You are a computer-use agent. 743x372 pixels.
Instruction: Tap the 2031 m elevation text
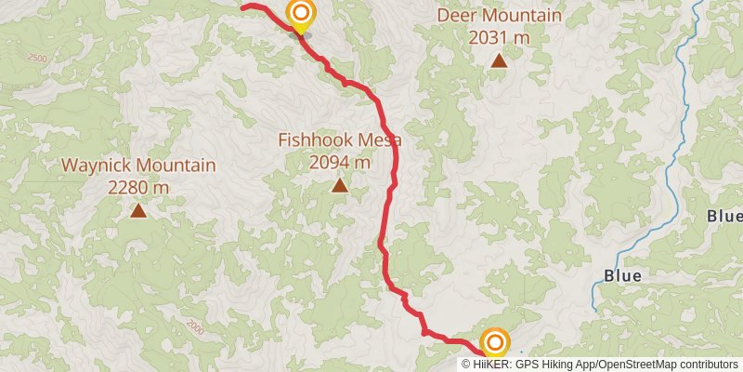[499, 37]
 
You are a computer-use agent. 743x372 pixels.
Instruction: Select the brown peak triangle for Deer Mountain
[499, 61]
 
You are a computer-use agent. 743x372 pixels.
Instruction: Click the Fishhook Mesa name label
[340, 140]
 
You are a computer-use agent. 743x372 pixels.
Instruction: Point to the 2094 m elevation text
[340, 163]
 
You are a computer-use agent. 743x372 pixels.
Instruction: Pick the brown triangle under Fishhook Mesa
[340, 186]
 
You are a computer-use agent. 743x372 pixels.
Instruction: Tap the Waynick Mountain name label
[138, 166]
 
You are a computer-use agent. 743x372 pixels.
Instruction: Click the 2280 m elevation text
[138, 187]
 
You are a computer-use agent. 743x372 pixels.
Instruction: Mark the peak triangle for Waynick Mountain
[138, 211]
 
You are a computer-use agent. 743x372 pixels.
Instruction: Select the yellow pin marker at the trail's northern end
[300, 15]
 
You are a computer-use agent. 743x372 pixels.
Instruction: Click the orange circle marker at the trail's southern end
[494, 342]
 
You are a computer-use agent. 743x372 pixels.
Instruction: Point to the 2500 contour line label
[37, 59]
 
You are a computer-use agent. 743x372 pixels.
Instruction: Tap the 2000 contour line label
[194, 326]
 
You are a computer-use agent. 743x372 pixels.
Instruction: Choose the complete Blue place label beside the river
[622, 276]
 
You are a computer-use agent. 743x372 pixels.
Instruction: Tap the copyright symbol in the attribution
[466, 364]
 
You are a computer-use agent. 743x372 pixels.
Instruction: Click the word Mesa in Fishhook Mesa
[381, 140]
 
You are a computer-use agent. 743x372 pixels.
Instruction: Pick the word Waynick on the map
[98, 166]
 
